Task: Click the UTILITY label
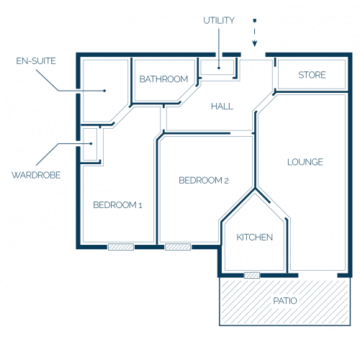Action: pyautogui.click(x=219, y=21)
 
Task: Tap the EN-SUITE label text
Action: pyautogui.click(x=36, y=61)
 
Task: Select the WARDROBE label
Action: pyautogui.click(x=36, y=175)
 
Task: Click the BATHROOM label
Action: pyautogui.click(x=163, y=79)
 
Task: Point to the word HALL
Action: pyautogui.click(x=222, y=107)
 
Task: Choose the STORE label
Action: pyautogui.click(x=312, y=75)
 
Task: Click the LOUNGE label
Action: pyautogui.click(x=305, y=162)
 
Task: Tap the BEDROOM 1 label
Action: pyautogui.click(x=117, y=205)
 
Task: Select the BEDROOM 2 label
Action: pyautogui.click(x=204, y=180)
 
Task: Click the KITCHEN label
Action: pyautogui.click(x=255, y=238)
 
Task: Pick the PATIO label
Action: pyautogui.click(x=285, y=301)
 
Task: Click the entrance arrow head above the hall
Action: pyautogui.click(x=255, y=44)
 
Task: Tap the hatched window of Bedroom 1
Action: pyautogui.click(x=121, y=247)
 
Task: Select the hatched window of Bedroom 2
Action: pyautogui.click(x=178, y=247)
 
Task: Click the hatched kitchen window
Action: pyautogui.click(x=252, y=275)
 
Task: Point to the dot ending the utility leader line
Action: pyautogui.click(x=219, y=68)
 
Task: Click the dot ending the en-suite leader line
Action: pyautogui.click(x=104, y=91)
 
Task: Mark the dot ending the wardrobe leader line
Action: pyautogui.click(x=91, y=143)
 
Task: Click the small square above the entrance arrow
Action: pyautogui.click(x=255, y=21)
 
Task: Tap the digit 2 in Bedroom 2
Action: pyautogui.click(x=226, y=181)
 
